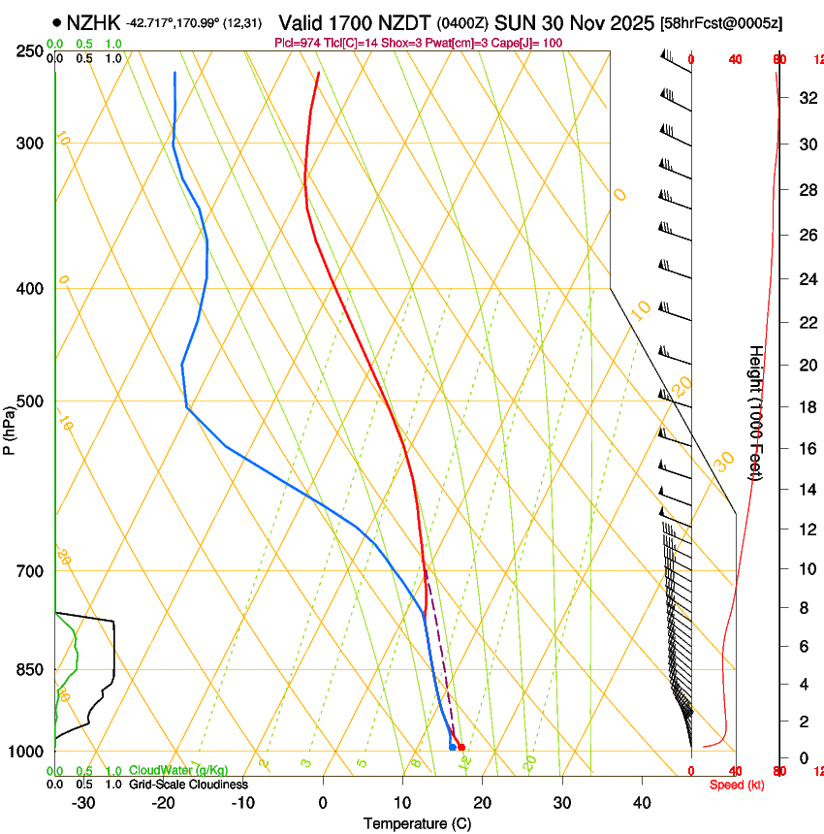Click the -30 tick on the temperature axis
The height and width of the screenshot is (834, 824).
tap(83, 803)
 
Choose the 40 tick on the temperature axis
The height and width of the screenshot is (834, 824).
tap(642, 803)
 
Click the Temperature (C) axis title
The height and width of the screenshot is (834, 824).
tap(417, 824)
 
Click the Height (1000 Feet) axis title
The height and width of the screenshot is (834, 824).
tap(757, 412)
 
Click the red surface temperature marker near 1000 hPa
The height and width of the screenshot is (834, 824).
tap(461, 747)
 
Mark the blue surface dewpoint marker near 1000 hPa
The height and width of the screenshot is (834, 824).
tap(453, 746)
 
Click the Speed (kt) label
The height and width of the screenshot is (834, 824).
tap(737, 785)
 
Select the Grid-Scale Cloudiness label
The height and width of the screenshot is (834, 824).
tap(188, 785)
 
